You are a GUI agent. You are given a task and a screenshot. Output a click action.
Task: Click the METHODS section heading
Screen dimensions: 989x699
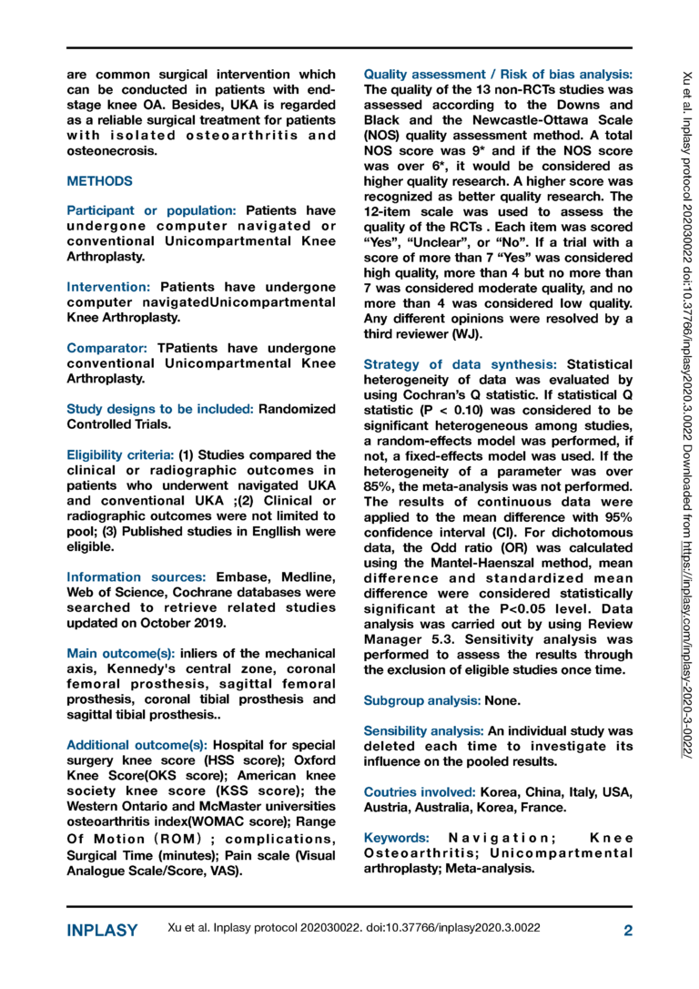pyautogui.click(x=99, y=182)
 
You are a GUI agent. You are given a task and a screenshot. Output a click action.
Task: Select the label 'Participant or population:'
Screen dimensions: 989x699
pyautogui.click(x=154, y=210)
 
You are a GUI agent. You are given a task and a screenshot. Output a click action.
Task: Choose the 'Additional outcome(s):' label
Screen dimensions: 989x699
pyautogui.click(x=137, y=743)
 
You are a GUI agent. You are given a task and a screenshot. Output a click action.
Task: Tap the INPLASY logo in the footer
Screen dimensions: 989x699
pyautogui.click(x=103, y=931)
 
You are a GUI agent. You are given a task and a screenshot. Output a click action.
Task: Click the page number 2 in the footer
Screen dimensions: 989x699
pyautogui.click(x=628, y=930)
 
